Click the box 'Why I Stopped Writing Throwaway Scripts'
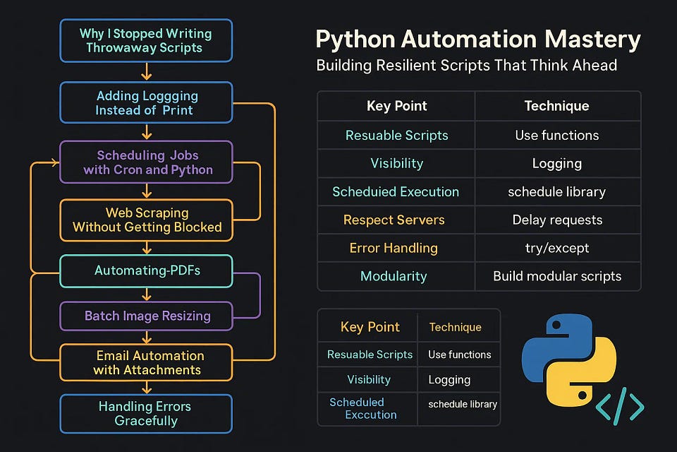pyautogui.click(x=145, y=40)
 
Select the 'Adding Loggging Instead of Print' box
pyautogui.click(x=145, y=102)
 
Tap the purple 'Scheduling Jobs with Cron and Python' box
pyautogui.click(x=145, y=162)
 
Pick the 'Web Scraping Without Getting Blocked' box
pyautogui.click(x=145, y=220)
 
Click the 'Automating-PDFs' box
pyautogui.click(x=145, y=270)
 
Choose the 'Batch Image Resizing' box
pyautogui.click(x=145, y=316)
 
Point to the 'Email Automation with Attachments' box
pyautogui.click(x=145, y=362)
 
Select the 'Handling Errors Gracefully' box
pyautogui.click(x=145, y=413)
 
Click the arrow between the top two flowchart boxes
pyautogui.click(x=146, y=71)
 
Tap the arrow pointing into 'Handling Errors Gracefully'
pyautogui.click(x=146, y=387)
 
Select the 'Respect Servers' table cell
pyautogui.click(x=394, y=220)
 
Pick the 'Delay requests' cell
pyautogui.click(x=557, y=220)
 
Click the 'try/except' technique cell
pyautogui.click(x=557, y=248)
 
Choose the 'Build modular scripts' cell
pyautogui.click(x=557, y=276)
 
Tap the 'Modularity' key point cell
pyautogui.click(x=394, y=276)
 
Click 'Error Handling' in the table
pyautogui.click(x=394, y=248)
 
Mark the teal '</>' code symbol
pyautogui.click(x=620, y=408)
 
